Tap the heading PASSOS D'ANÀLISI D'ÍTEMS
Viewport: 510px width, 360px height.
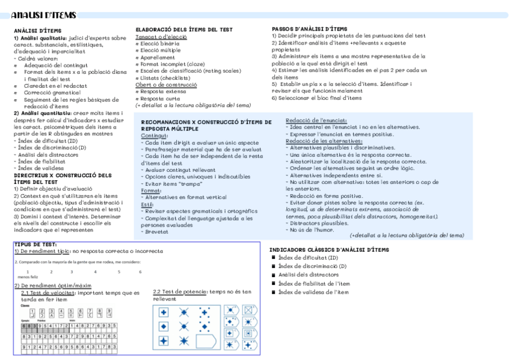309,28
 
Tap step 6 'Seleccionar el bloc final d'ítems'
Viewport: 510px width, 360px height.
316,97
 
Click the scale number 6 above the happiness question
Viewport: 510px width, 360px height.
140,272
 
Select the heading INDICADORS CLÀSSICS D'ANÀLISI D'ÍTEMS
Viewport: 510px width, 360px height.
328,249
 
